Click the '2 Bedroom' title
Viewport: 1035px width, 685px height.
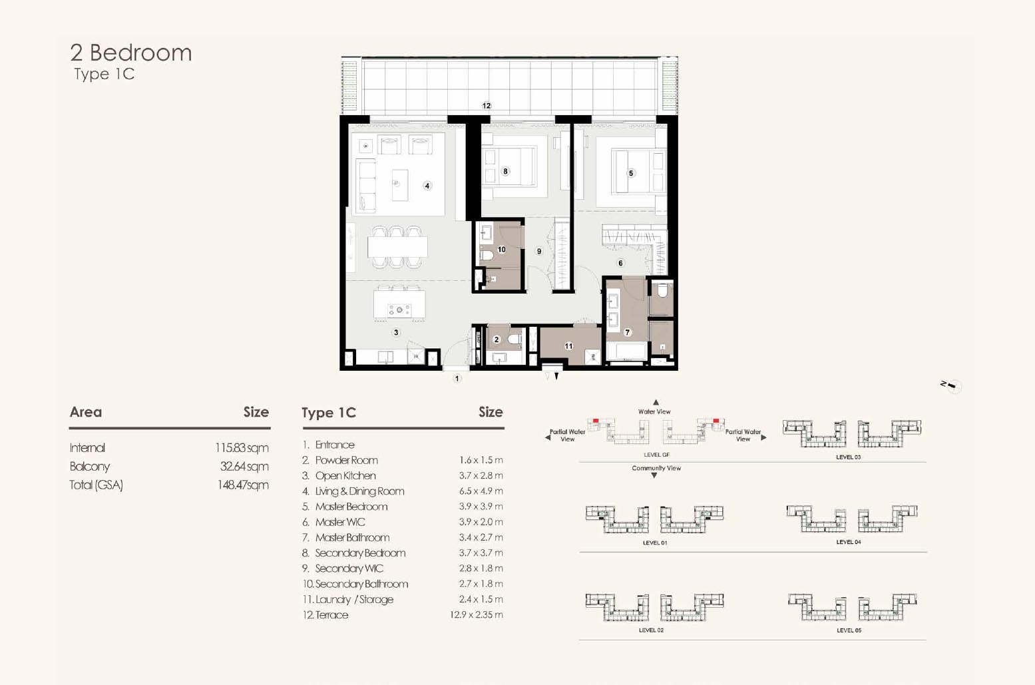130,53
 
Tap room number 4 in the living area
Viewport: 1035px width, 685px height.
427,186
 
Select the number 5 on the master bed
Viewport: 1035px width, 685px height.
631,173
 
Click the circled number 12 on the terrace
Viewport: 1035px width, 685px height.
487,106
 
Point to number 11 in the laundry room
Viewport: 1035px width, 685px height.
569,345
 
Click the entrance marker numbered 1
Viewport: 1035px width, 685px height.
457,379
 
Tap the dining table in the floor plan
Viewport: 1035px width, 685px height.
397,247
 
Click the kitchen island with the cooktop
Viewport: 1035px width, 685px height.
399,304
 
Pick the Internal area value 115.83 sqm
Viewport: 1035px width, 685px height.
242,448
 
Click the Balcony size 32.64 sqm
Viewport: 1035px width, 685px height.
244,467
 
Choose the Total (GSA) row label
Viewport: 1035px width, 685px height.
96,485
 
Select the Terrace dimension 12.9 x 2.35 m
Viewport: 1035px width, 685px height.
477,614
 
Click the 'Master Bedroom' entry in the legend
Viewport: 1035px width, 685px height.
351,507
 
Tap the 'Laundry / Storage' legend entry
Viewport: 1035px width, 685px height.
354,600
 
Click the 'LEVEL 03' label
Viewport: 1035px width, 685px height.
849,457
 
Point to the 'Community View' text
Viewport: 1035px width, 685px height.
656,468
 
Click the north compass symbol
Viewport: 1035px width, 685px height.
952,386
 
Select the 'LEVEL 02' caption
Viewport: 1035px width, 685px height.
651,630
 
